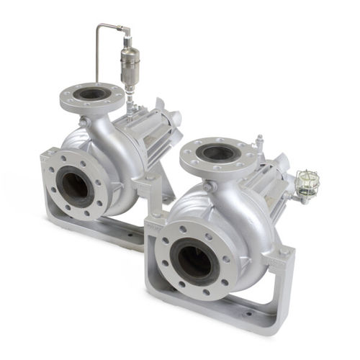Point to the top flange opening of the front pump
point(217,153)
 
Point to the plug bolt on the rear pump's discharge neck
point(85,123)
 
